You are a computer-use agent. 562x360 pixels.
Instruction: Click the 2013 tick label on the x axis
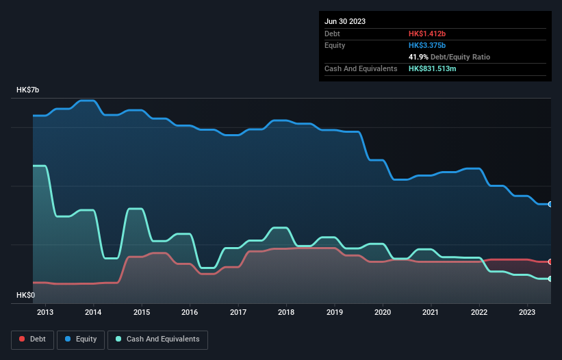pos(45,313)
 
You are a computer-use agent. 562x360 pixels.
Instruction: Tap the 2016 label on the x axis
pos(190,313)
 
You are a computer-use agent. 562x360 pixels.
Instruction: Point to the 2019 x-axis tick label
pos(335,313)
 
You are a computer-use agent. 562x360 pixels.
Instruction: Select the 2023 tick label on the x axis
pos(527,313)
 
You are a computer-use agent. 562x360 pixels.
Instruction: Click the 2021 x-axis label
pos(431,313)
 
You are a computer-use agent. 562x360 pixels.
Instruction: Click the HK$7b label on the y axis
pos(28,90)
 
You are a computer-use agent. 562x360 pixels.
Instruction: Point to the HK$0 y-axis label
pos(25,295)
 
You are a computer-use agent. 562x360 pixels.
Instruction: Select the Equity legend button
pos(81,339)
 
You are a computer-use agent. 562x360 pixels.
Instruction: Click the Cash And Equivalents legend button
pos(157,339)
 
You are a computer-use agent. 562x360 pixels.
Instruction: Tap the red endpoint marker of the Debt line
pos(550,261)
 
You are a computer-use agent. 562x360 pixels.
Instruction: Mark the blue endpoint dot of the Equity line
pos(550,204)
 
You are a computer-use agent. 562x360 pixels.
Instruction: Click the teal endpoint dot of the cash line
pos(550,279)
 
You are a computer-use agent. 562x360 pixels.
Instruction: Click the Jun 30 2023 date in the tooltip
pos(345,21)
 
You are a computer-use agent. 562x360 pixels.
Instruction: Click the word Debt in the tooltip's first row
pos(333,34)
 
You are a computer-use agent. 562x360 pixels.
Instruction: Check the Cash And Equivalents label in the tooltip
pos(361,68)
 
